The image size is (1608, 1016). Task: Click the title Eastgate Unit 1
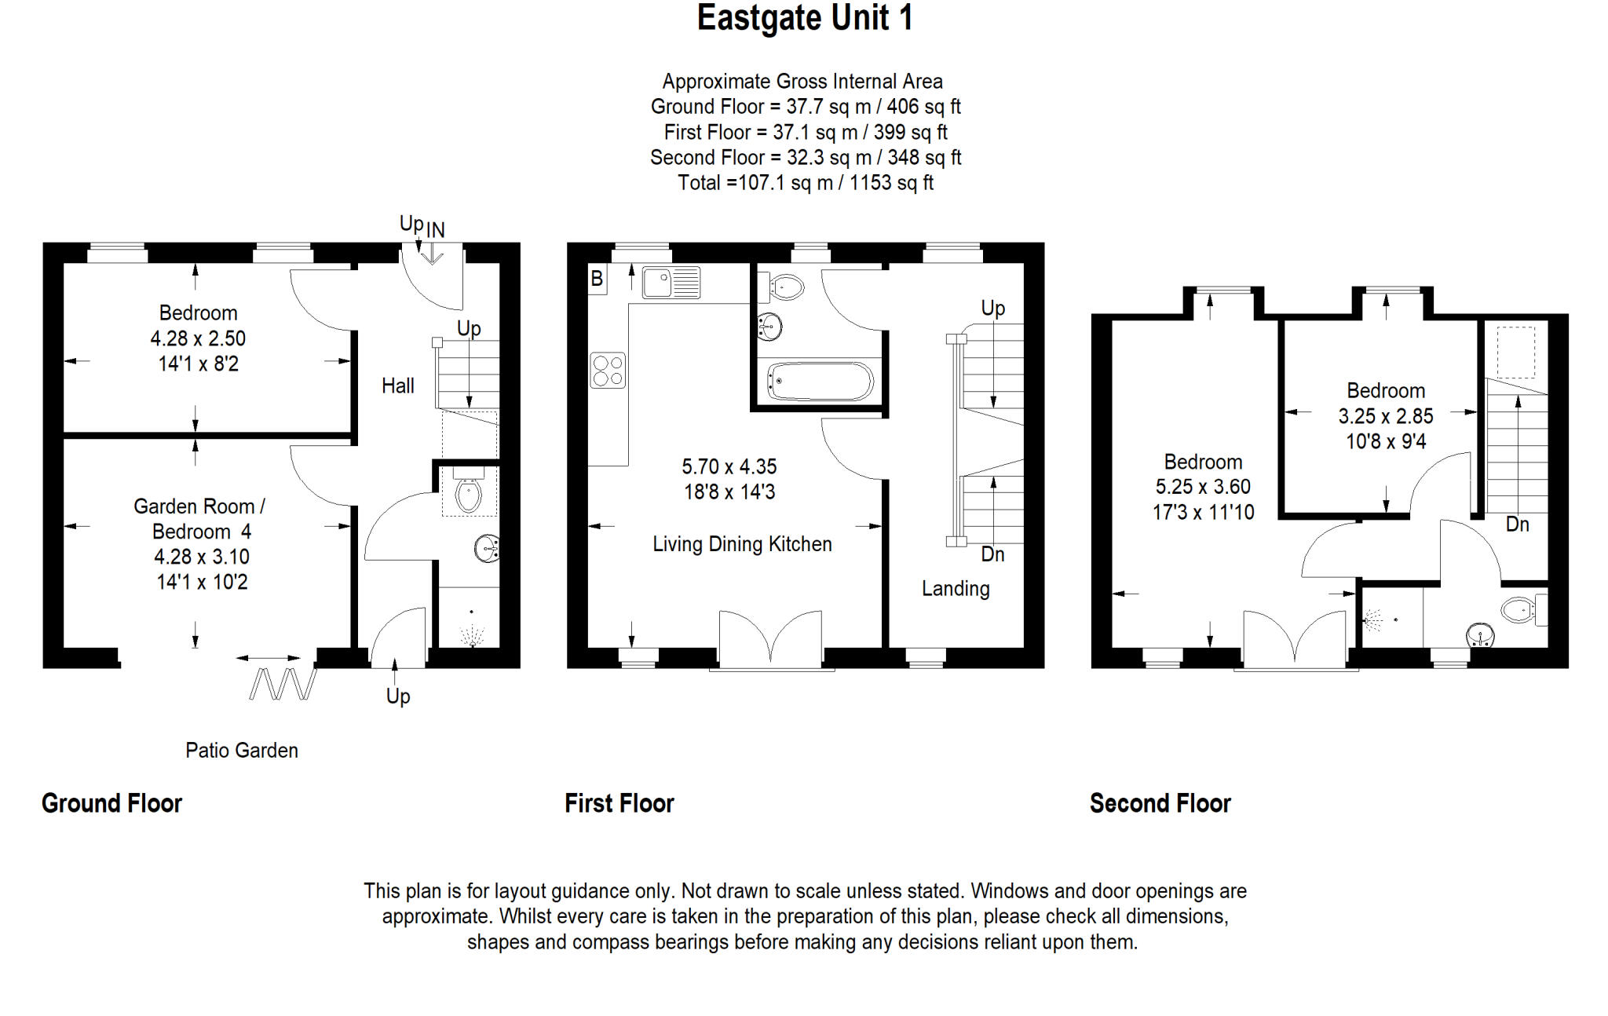pyautogui.click(x=805, y=18)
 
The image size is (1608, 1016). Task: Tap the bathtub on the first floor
pyautogui.click(x=820, y=382)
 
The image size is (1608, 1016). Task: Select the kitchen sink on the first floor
pyautogui.click(x=671, y=283)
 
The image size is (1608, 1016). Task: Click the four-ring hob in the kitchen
pyautogui.click(x=608, y=371)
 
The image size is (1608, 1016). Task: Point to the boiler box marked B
pyautogui.click(x=597, y=279)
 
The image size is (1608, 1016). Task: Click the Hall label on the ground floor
pyautogui.click(x=398, y=386)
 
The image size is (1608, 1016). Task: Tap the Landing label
pyautogui.click(x=956, y=588)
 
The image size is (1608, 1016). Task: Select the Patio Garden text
pyautogui.click(x=242, y=750)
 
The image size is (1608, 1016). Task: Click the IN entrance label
pyautogui.click(x=436, y=230)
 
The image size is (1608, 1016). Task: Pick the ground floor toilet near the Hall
pyautogui.click(x=469, y=493)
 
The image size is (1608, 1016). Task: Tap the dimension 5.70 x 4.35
pyautogui.click(x=729, y=466)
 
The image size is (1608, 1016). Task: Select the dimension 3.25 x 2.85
pyautogui.click(x=1386, y=416)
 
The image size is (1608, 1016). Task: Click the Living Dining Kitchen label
pyautogui.click(x=742, y=544)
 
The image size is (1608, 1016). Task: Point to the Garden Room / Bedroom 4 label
pyautogui.click(x=200, y=519)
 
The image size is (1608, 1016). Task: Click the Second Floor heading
pyautogui.click(x=1160, y=803)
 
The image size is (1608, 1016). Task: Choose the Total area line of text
pyautogui.click(x=806, y=183)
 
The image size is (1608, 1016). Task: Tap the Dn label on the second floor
pyautogui.click(x=1517, y=524)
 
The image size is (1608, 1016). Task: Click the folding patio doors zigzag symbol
pyautogui.click(x=283, y=684)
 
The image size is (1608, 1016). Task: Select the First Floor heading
pyautogui.click(x=619, y=803)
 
